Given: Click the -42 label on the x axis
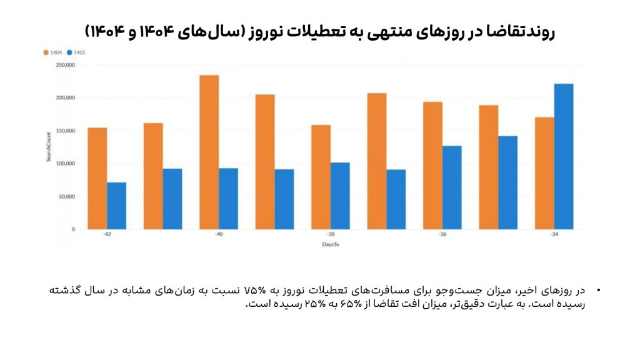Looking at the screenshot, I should click(x=107, y=235).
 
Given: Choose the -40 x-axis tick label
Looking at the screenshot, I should click(x=219, y=235).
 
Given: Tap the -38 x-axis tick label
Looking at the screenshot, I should click(x=331, y=235).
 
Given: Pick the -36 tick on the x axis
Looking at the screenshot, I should click(x=442, y=235).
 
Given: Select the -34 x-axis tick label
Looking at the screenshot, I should click(x=554, y=235).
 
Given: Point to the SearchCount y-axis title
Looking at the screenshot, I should click(x=48, y=147).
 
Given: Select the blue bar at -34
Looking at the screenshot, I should click(x=564, y=156).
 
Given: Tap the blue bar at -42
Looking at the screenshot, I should click(x=116, y=206).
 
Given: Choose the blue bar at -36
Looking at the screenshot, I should click(x=452, y=187).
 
